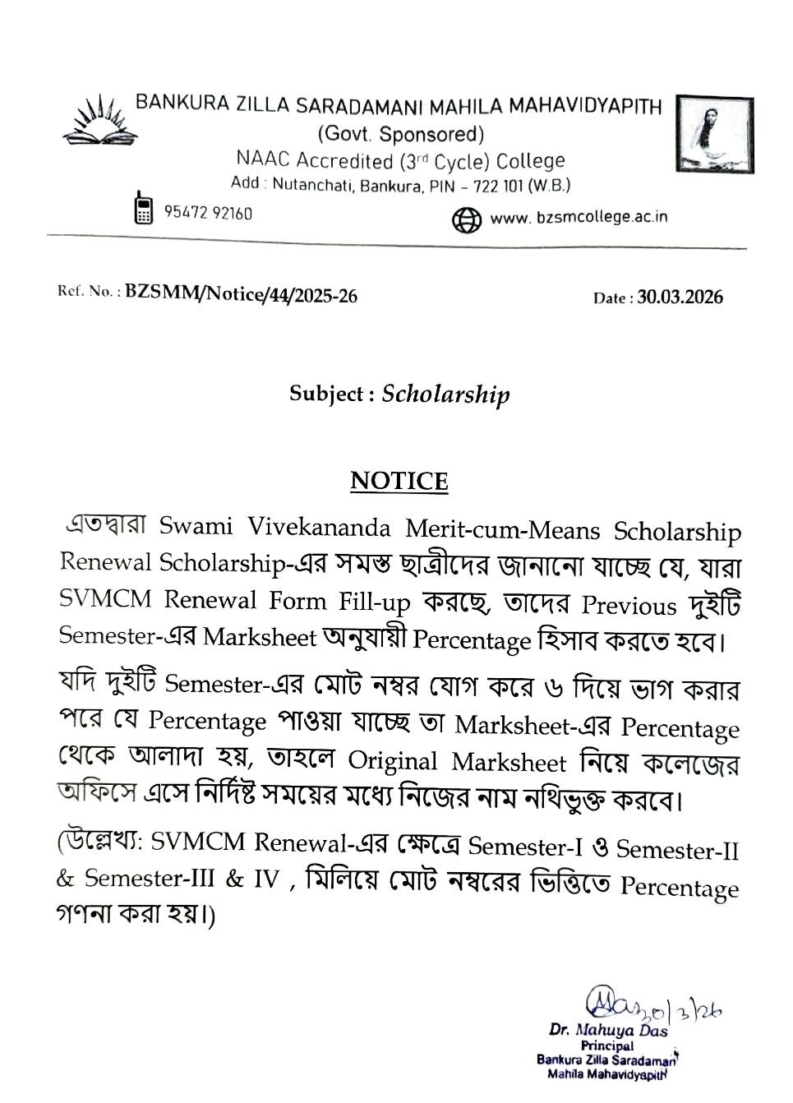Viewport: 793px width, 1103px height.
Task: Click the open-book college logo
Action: point(98,121)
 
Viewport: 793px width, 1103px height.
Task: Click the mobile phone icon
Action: point(143,208)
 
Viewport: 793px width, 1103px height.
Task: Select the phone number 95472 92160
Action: point(208,213)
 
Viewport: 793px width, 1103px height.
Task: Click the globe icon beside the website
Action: point(466,219)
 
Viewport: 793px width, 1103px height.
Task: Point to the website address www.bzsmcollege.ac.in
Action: point(578,218)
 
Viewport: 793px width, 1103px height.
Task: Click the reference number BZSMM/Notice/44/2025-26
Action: point(241,295)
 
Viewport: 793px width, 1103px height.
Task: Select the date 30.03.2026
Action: point(680,298)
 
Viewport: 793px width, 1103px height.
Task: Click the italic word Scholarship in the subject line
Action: point(445,395)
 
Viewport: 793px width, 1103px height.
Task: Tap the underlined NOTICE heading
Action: point(399,481)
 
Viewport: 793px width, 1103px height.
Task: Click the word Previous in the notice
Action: point(629,606)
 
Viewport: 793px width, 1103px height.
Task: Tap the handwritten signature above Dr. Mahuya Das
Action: point(649,1004)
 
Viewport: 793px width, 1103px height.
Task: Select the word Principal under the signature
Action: point(606,1045)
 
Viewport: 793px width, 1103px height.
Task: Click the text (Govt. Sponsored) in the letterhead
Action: point(400,134)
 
